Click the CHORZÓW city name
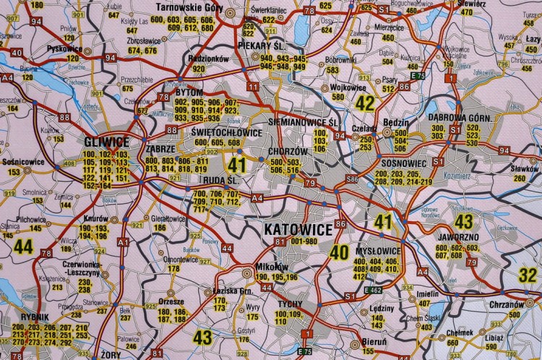pos(283,152)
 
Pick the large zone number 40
pos(339,253)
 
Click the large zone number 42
pos(365,103)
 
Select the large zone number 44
pos(23,247)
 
